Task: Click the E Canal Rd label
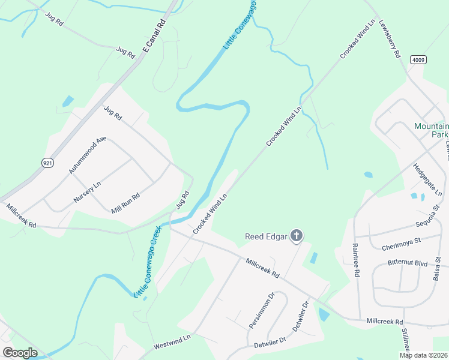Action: click(154, 38)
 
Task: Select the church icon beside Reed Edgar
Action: click(295, 236)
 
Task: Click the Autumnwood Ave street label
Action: click(88, 155)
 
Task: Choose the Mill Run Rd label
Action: click(125, 203)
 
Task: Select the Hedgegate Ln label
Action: click(427, 179)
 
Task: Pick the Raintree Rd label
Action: click(356, 259)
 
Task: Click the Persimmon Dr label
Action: click(261, 310)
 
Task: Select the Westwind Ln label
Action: click(172, 343)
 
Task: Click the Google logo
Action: click(20, 352)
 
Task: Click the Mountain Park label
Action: click(431, 130)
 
